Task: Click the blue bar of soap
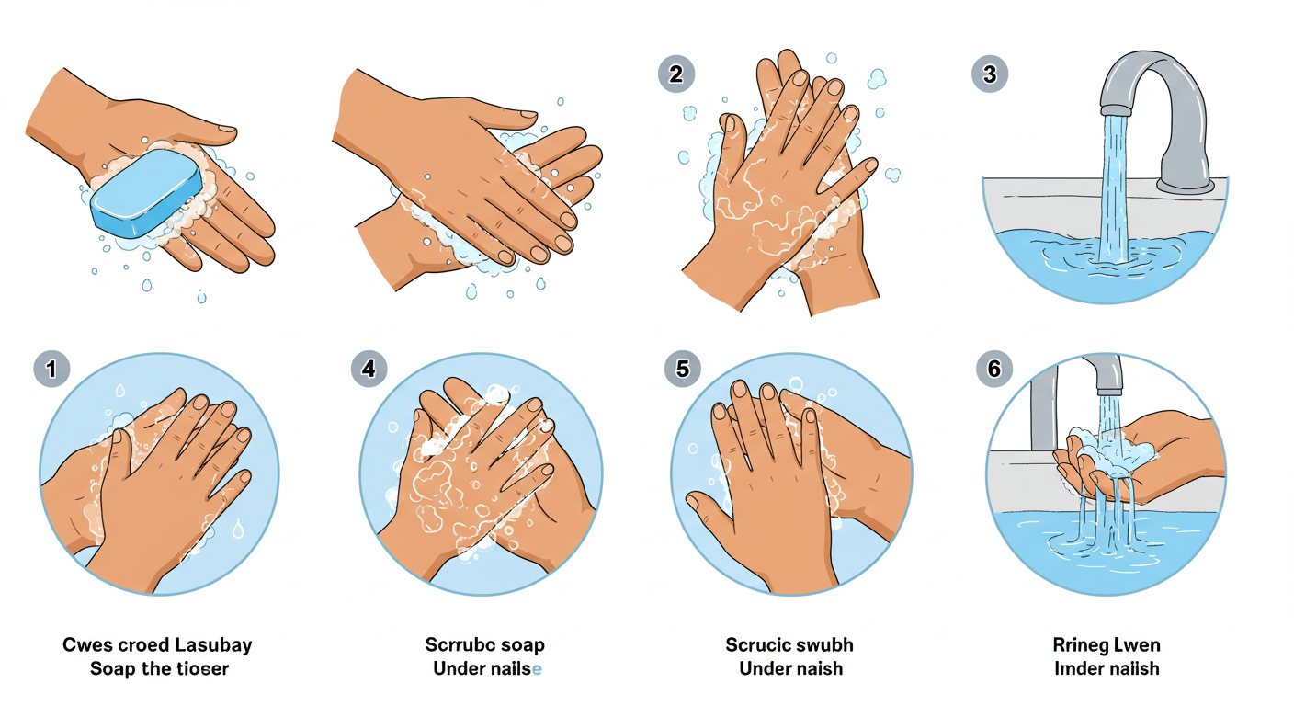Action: (x=147, y=193)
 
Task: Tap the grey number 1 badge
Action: (x=51, y=369)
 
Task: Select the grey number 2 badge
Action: (x=675, y=74)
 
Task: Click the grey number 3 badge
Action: (x=990, y=74)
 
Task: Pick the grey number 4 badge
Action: (x=369, y=369)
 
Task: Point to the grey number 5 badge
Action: (x=682, y=369)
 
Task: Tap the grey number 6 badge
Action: (x=993, y=369)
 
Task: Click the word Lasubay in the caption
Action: (x=213, y=645)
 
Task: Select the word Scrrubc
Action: (x=453, y=644)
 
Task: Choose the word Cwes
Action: (x=84, y=644)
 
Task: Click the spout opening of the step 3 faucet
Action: (x=1115, y=111)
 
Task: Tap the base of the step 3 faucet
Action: (x=1186, y=186)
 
